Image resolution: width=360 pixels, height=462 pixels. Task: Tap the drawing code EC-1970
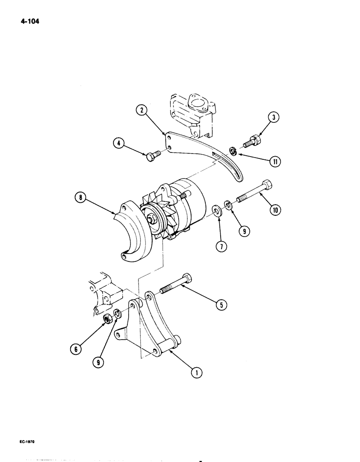pos(17,442)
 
